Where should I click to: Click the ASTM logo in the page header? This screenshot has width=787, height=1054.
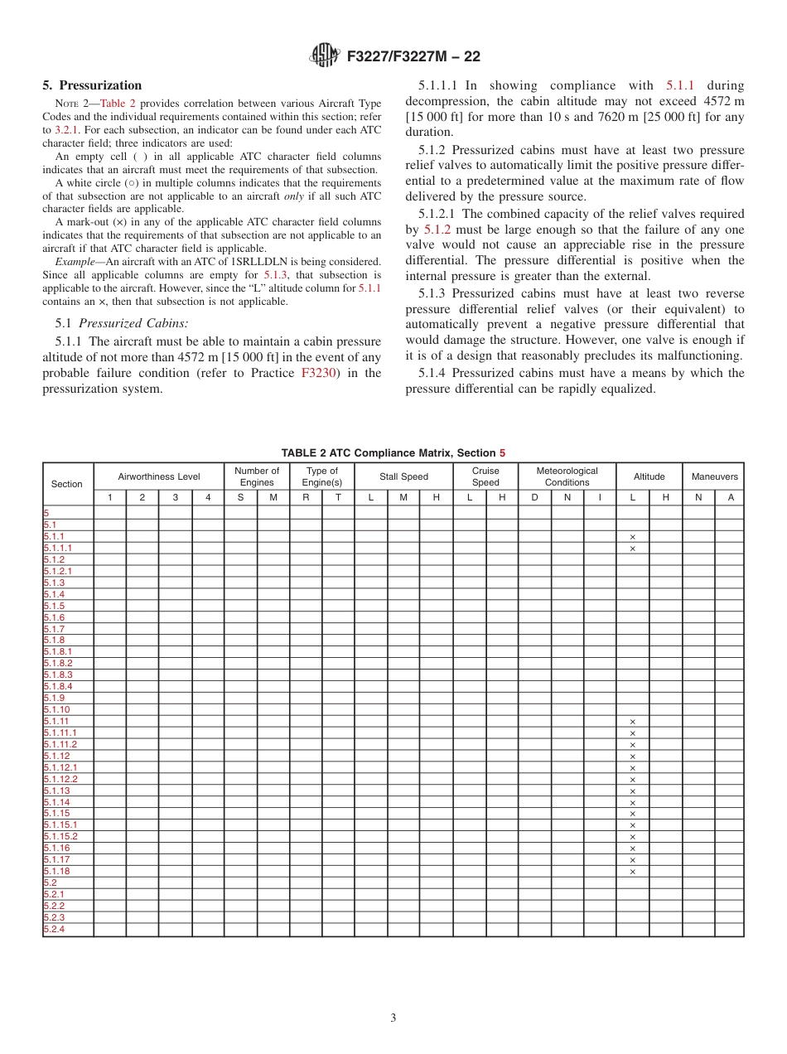(324, 56)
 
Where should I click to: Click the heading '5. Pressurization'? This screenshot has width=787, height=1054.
(92, 85)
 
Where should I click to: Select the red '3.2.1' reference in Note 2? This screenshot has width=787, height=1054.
(67, 130)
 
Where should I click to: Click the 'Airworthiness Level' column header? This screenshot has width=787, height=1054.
(158, 476)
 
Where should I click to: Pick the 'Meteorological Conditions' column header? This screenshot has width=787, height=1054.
(567, 476)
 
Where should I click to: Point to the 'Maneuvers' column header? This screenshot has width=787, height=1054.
(714, 476)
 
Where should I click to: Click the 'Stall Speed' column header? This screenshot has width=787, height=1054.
(403, 476)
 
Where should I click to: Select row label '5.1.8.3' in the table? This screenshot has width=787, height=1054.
(58, 675)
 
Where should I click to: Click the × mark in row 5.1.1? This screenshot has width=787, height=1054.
(633, 537)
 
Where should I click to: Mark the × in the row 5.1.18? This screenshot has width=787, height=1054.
(633, 872)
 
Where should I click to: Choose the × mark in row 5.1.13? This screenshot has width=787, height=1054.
(633, 791)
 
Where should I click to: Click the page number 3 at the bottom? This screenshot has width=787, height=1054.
(393, 1018)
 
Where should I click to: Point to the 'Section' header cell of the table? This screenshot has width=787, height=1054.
(67, 484)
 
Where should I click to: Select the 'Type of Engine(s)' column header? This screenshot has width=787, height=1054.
(322, 476)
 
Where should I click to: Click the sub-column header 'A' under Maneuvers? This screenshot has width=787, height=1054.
(730, 498)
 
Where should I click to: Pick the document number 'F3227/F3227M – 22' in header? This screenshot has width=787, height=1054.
(413, 56)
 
